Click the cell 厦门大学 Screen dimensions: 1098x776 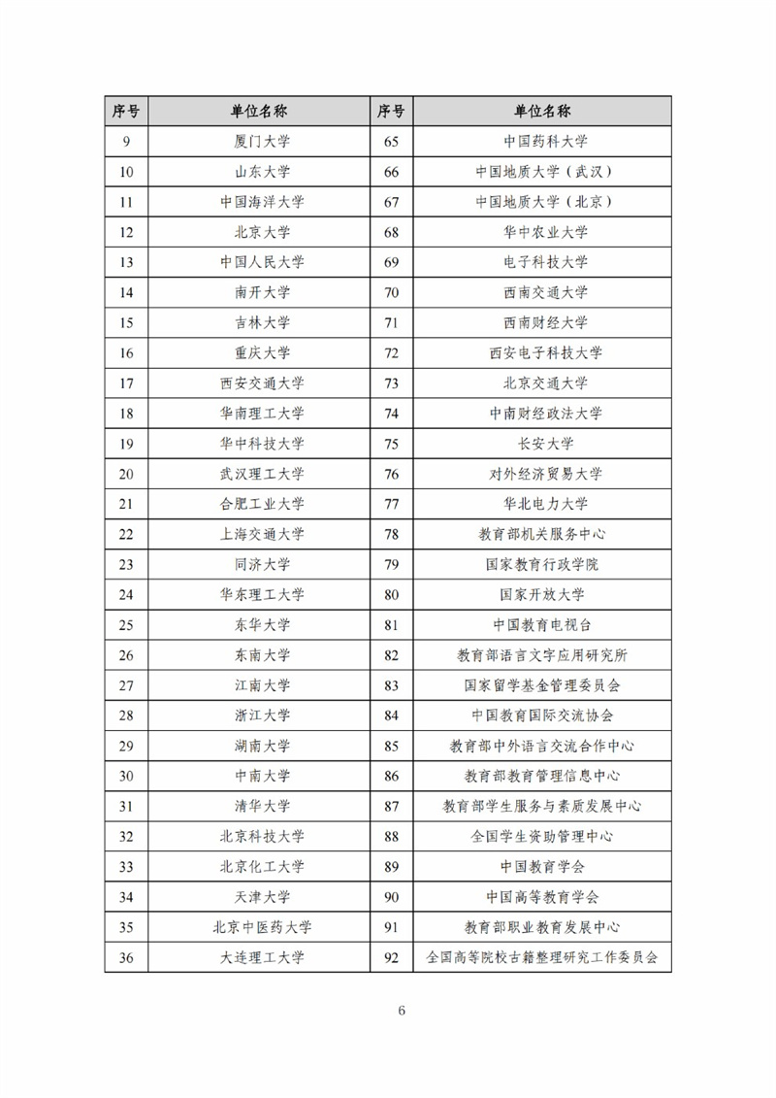(x=262, y=142)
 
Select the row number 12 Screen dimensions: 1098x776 (x=126, y=232)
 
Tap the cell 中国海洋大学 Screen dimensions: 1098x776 (x=262, y=202)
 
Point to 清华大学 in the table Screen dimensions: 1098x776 (x=262, y=806)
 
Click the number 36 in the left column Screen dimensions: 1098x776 (x=126, y=957)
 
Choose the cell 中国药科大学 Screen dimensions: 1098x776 (x=545, y=142)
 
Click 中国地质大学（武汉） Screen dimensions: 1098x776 (x=545, y=172)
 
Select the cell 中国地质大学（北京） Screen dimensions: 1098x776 (x=545, y=202)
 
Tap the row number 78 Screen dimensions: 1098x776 (x=392, y=534)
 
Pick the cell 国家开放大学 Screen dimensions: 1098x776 (x=545, y=594)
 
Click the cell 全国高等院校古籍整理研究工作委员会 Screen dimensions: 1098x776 (x=545, y=957)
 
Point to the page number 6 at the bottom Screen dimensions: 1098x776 (x=402, y=1010)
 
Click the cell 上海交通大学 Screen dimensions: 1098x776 (x=262, y=534)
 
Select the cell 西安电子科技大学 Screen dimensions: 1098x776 (x=545, y=352)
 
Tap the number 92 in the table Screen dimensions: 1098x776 (x=392, y=957)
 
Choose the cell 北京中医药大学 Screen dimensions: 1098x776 (x=262, y=927)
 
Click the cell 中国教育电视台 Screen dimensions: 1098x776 (x=545, y=624)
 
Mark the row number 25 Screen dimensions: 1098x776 (x=126, y=624)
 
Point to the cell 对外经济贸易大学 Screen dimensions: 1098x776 (x=545, y=474)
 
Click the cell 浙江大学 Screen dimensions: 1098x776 (x=262, y=715)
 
